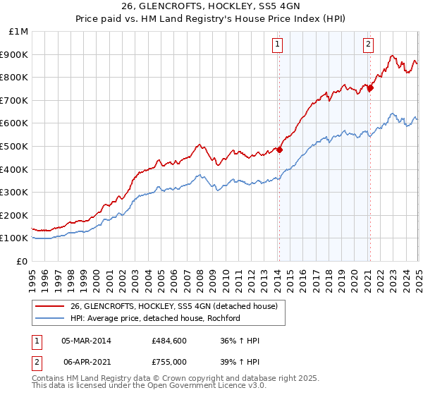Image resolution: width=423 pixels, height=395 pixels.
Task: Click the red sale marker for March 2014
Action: point(279,150)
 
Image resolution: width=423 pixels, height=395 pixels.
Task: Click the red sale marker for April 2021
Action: point(370,87)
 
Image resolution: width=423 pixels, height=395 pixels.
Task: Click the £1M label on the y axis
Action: point(18,32)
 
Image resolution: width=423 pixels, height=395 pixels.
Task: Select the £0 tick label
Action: point(22,261)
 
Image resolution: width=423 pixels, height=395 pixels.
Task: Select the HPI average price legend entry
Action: point(155,318)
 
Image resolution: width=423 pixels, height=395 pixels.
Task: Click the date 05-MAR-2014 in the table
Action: point(86,341)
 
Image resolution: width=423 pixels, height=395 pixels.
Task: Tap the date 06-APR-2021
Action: point(86,362)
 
